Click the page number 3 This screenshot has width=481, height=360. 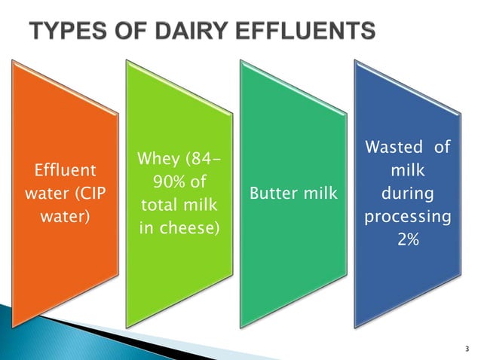tap(467, 349)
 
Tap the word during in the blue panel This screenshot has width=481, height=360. tap(407, 194)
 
